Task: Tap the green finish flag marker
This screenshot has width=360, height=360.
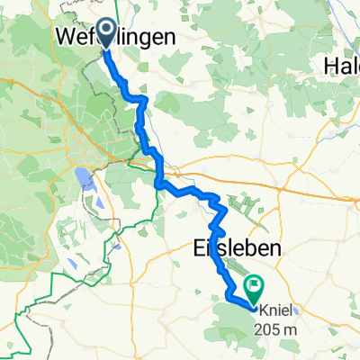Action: click(x=253, y=288)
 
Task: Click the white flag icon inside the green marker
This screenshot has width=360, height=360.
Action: click(x=254, y=287)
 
